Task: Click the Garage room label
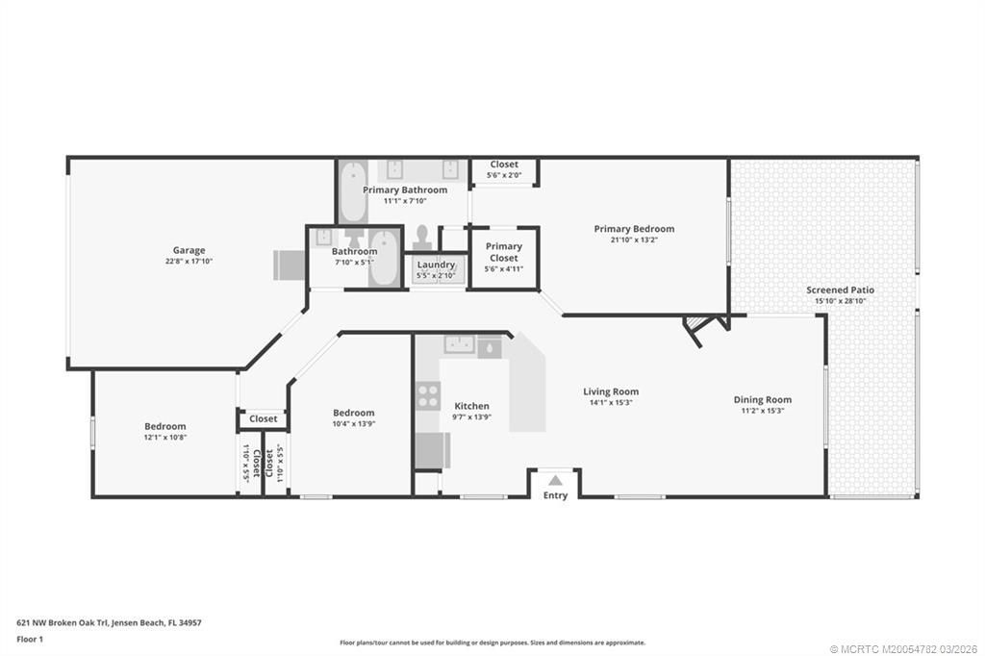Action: click(189, 251)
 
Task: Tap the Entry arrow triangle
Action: click(555, 480)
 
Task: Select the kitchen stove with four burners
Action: click(427, 395)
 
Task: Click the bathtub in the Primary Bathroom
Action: click(352, 190)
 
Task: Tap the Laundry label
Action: click(435, 265)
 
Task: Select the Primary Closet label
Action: click(503, 252)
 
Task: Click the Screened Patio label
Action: click(840, 290)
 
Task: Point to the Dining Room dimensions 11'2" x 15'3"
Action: click(762, 411)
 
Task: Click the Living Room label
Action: click(611, 391)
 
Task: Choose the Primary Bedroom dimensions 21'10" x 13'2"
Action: click(634, 240)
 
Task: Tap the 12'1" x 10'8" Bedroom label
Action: click(165, 426)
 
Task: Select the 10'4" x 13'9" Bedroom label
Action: click(353, 413)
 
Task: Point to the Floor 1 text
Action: click(31, 639)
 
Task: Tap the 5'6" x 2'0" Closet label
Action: click(504, 164)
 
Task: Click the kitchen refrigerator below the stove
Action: click(431, 449)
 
